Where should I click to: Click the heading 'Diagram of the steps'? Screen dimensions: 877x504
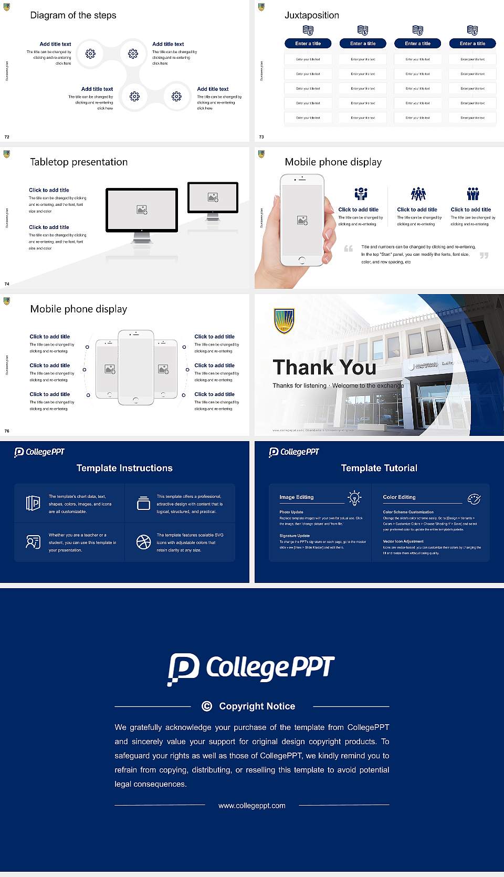click(x=73, y=15)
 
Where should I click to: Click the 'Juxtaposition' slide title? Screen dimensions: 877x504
click(x=311, y=15)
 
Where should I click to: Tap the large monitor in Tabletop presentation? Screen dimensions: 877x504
click(x=142, y=210)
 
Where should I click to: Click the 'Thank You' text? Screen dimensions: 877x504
click(x=324, y=368)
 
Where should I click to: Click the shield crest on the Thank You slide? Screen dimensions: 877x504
click(x=284, y=321)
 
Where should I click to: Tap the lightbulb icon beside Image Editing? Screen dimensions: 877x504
click(x=354, y=498)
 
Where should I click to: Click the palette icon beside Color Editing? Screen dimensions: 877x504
click(x=474, y=499)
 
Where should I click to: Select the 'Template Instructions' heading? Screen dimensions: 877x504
click(x=124, y=468)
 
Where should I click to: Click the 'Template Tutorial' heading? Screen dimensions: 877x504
click(x=379, y=468)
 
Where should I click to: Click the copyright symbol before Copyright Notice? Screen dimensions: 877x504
click(x=207, y=706)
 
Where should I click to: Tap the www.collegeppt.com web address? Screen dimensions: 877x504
click(x=252, y=806)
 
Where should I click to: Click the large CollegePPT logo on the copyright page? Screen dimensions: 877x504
click(x=251, y=669)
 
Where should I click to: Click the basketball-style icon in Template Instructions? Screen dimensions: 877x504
click(x=143, y=542)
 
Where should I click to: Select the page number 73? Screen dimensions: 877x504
click(x=261, y=137)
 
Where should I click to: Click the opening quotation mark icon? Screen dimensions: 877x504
click(x=349, y=248)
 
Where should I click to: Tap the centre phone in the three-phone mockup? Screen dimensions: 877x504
click(x=136, y=368)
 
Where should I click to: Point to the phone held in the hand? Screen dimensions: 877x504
click(x=302, y=221)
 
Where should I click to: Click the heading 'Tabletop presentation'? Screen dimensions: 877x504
click(x=79, y=162)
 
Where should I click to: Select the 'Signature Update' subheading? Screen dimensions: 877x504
click(x=295, y=536)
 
